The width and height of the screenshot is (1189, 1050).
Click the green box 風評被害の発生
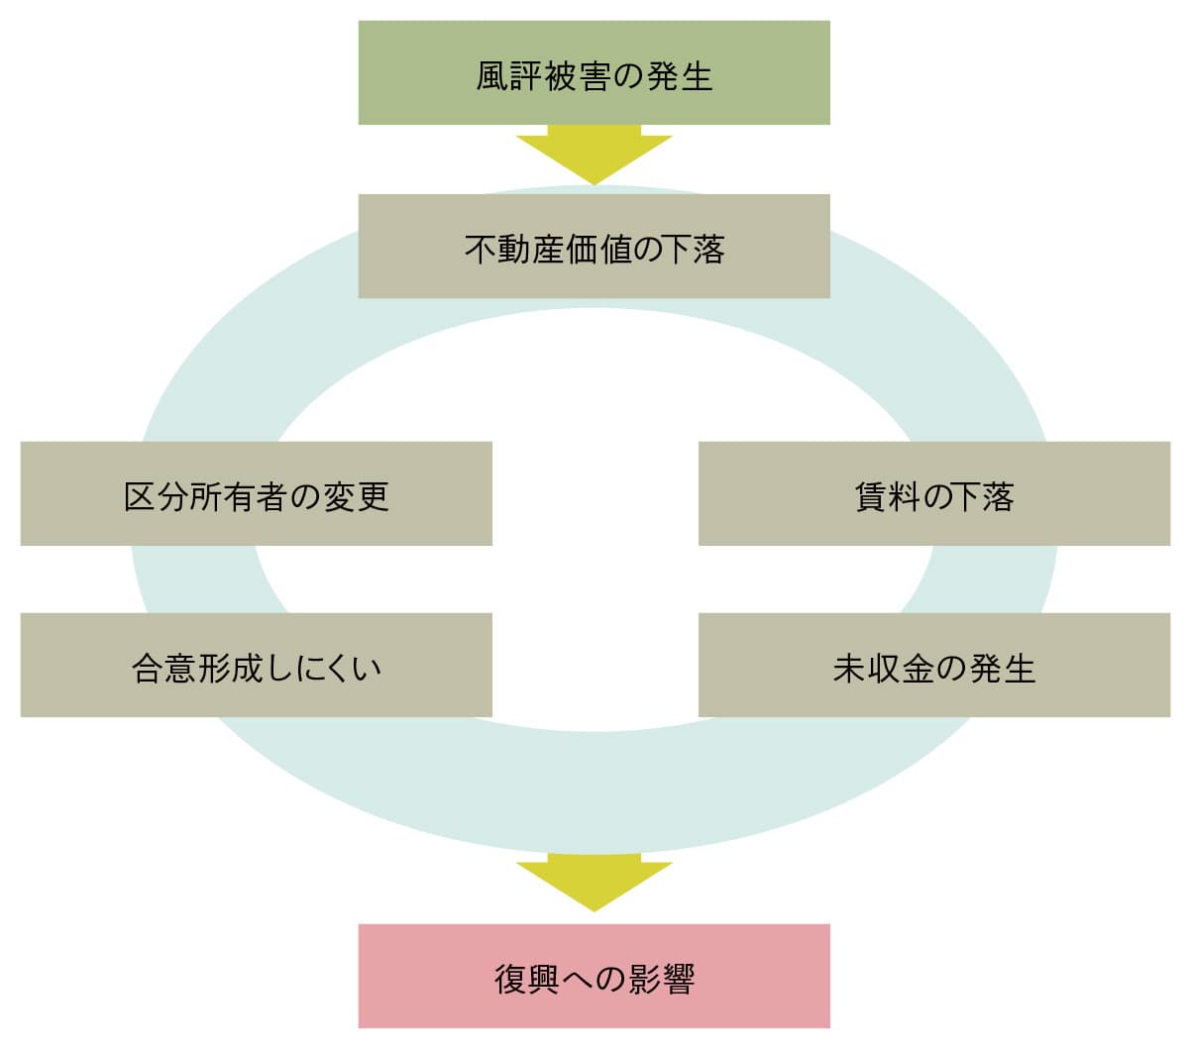tap(594, 72)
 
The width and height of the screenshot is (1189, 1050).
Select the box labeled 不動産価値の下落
tap(594, 246)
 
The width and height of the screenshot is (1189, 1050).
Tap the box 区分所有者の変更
tap(256, 493)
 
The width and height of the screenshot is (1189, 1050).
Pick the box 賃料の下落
tap(933, 493)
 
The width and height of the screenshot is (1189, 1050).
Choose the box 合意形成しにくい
tap(256, 665)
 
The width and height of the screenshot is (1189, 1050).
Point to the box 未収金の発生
tap(933, 665)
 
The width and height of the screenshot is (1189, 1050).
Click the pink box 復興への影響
tap(594, 976)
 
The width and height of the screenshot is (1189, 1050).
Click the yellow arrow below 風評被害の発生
tap(594, 154)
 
